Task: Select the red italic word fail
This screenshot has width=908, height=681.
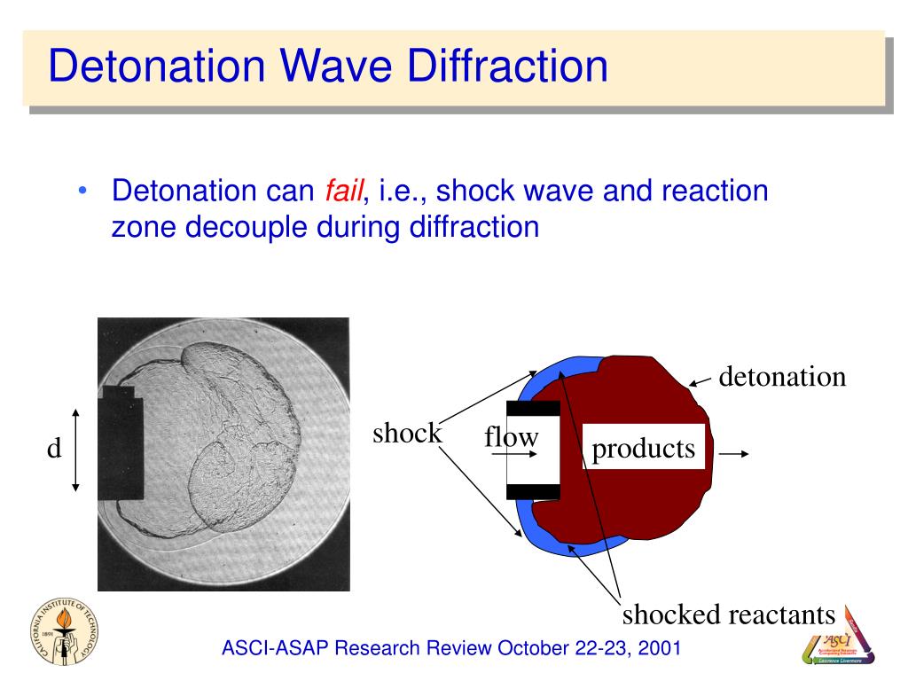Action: pyautogui.click(x=340, y=190)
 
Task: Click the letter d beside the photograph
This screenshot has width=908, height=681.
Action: pyautogui.click(x=54, y=450)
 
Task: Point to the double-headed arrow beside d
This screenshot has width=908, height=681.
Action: pyautogui.click(x=77, y=450)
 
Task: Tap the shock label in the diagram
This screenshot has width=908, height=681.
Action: pyautogui.click(x=406, y=434)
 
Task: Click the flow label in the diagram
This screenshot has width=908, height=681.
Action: pyautogui.click(x=512, y=437)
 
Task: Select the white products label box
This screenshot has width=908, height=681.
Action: pyautogui.click(x=644, y=449)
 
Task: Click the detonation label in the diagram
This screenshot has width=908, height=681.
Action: pyautogui.click(x=782, y=377)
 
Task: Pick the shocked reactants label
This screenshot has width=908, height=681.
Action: pyautogui.click(x=728, y=614)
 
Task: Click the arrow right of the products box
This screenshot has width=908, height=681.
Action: pyautogui.click(x=734, y=453)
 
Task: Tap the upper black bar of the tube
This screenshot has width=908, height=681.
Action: pyautogui.click(x=532, y=408)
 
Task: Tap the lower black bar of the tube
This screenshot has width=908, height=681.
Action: pyautogui.click(x=532, y=490)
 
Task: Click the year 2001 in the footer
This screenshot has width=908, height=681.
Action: pyautogui.click(x=660, y=648)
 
